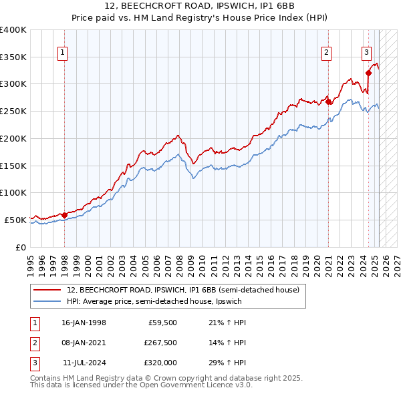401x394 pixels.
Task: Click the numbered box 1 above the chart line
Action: [62, 52]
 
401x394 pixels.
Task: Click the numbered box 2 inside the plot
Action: [327, 52]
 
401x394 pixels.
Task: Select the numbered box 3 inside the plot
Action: [366, 52]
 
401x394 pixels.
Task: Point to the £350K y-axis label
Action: [13, 57]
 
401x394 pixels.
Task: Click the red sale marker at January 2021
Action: [329, 102]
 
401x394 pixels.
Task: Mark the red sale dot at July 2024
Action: [368, 73]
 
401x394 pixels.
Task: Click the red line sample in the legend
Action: [47, 290]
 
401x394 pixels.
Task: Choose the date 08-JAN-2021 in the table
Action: [84, 343]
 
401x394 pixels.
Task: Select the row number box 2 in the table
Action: [33, 343]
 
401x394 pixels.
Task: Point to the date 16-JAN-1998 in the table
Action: [84, 323]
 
